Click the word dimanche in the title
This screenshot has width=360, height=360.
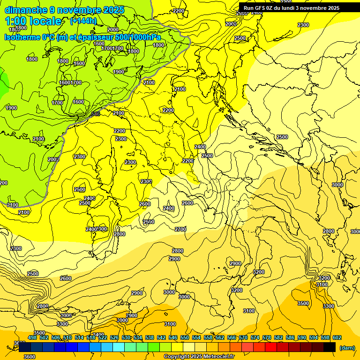coord(26,10)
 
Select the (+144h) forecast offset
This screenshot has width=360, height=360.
coord(83,21)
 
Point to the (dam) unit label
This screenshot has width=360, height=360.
coord(347,348)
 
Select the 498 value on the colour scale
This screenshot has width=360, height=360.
coord(32,337)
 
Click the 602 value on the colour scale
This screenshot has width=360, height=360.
coord(337,337)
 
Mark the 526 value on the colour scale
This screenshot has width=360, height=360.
coord(114,337)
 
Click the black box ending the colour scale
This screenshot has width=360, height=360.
coord(330,347)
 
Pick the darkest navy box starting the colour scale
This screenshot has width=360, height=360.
coord(25,347)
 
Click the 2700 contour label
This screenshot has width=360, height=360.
coord(180,229)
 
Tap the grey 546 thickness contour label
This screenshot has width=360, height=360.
coord(96,114)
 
